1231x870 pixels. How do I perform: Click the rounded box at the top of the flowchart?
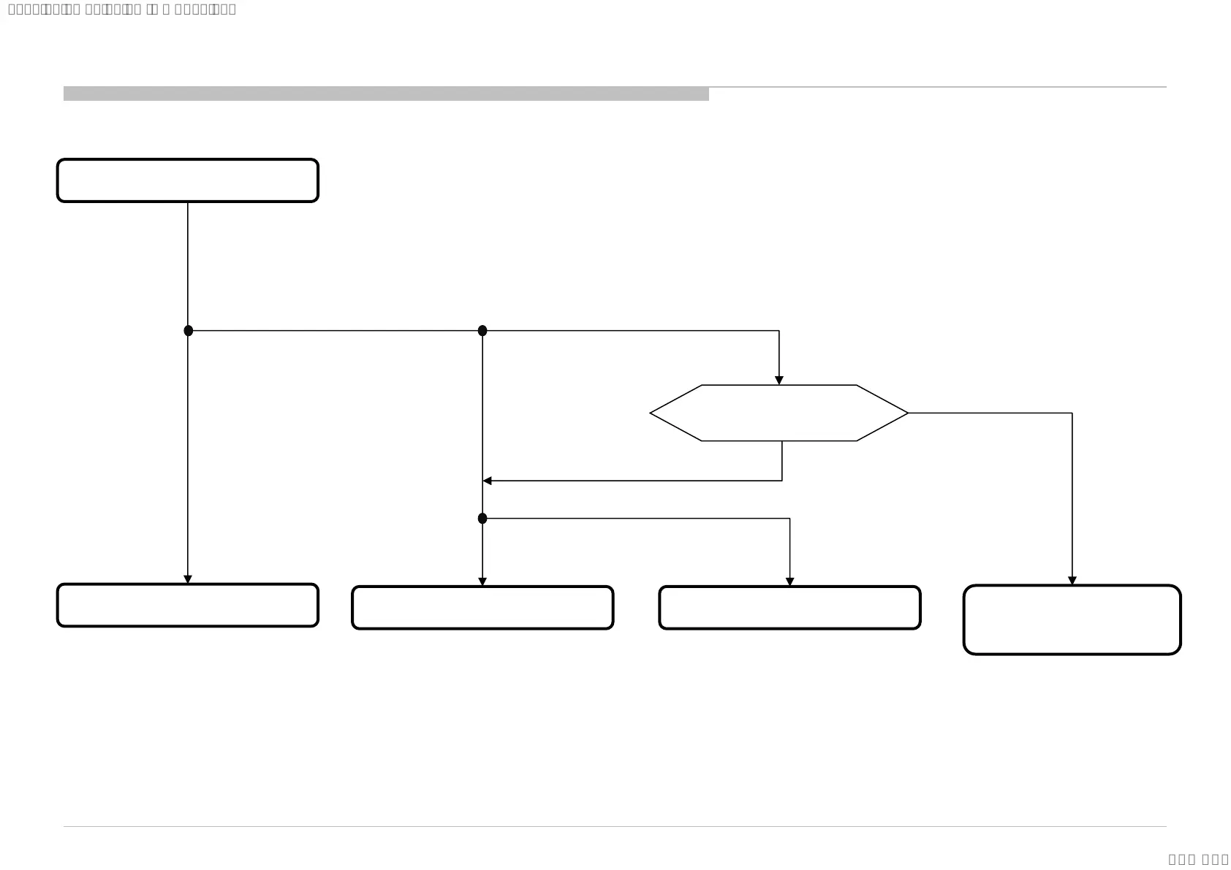coord(188,180)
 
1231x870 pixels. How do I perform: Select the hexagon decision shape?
coord(779,413)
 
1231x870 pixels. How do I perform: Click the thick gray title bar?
coord(386,94)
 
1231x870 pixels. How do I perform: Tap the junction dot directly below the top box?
coord(189,331)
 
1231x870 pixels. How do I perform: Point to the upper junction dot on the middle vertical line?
coord(482,331)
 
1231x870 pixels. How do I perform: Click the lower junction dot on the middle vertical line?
coord(482,519)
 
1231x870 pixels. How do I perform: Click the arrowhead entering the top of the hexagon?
coord(779,381)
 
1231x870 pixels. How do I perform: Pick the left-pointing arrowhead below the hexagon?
coord(488,481)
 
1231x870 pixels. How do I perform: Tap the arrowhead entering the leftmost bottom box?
coord(188,579)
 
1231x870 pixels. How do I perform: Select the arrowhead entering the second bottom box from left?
coord(482,581)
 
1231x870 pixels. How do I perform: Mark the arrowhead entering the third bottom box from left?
coord(789,581)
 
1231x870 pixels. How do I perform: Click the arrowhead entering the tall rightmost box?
coord(1072,581)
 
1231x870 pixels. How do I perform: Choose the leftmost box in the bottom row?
coord(188,605)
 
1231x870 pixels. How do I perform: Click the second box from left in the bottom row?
coord(482,607)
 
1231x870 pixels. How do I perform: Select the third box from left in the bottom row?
coord(789,607)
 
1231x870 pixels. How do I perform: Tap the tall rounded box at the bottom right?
coord(1072,619)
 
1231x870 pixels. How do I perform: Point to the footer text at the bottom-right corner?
coord(1198,859)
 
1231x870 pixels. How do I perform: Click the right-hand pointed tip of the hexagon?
coord(906,413)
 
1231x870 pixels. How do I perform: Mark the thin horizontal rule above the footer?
coord(614,826)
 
